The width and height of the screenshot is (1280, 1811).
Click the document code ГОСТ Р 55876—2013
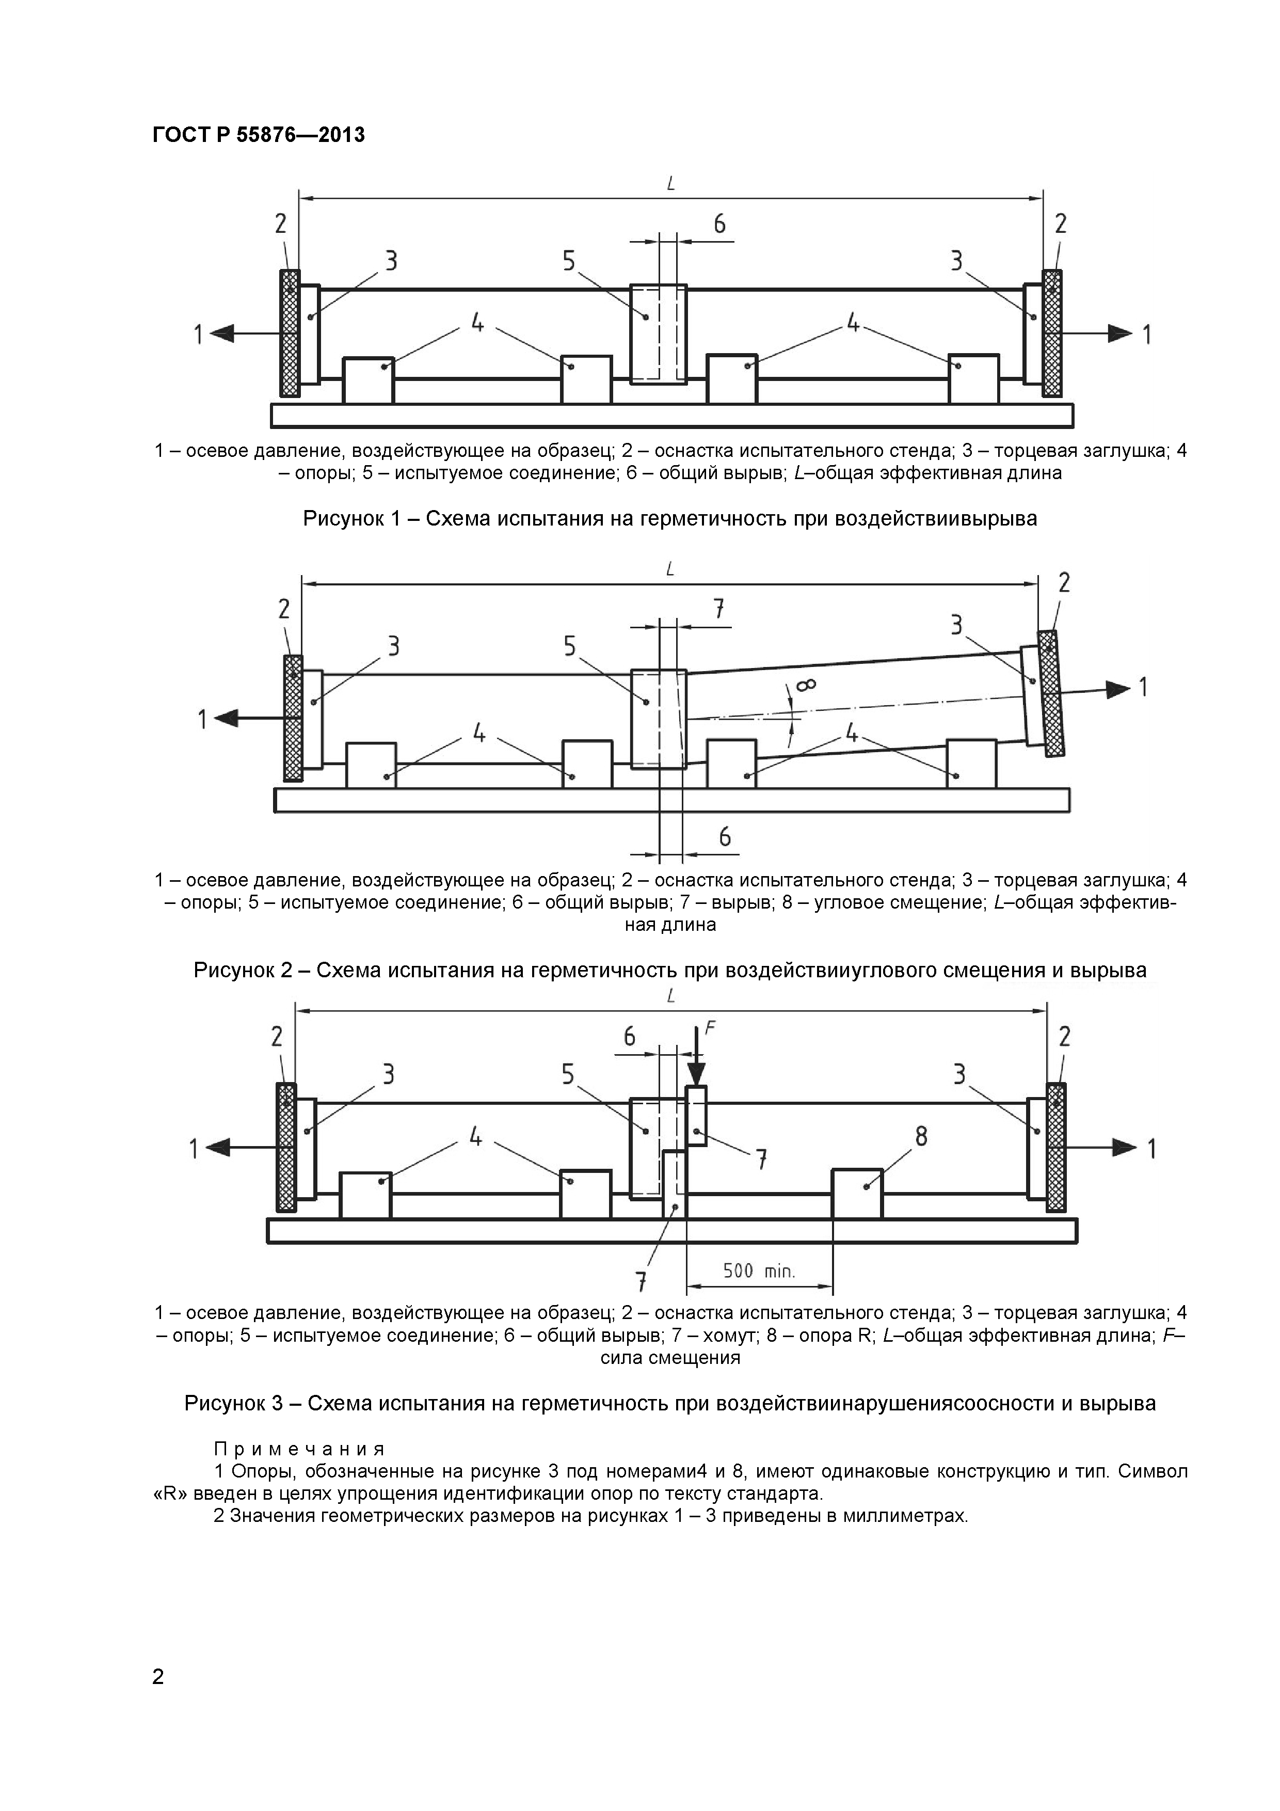tap(258, 135)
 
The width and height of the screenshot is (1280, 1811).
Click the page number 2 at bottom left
tap(158, 1698)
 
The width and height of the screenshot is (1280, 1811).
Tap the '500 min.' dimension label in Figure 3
tap(759, 1270)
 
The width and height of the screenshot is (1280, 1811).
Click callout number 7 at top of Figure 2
tap(718, 610)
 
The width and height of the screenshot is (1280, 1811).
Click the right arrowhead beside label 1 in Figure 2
tap(1117, 689)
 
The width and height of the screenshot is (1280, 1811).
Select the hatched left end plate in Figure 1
tap(290, 333)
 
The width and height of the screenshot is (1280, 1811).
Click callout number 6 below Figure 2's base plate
tap(725, 837)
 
